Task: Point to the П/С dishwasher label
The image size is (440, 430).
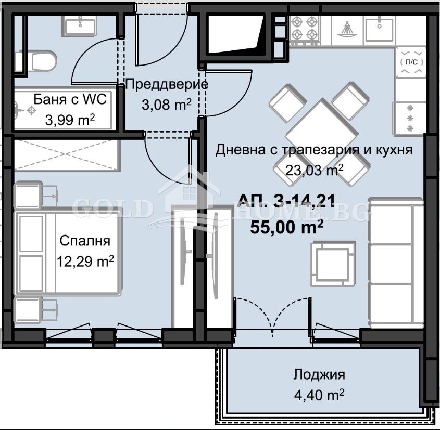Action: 411,62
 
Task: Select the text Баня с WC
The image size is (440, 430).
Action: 70,99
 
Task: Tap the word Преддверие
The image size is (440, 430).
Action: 167,84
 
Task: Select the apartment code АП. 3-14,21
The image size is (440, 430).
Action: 287,200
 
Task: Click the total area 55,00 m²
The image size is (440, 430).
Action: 287,227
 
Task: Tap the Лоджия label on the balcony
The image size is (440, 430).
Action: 319,374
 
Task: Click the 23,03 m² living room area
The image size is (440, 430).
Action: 314,169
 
